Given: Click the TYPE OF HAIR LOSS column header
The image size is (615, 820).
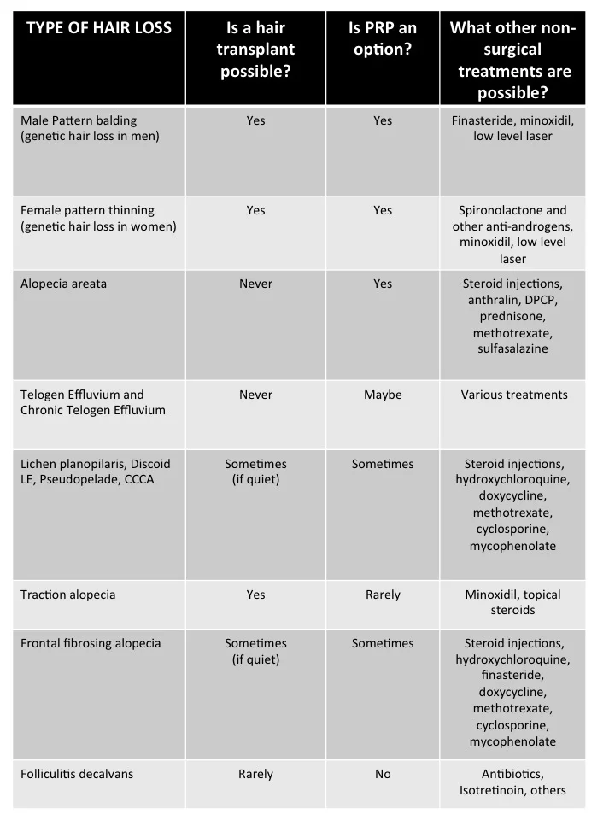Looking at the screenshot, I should click(x=99, y=28).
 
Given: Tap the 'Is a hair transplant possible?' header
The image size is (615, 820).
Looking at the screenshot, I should click(x=255, y=50).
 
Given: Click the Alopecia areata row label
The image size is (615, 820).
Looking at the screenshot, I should click(x=63, y=284).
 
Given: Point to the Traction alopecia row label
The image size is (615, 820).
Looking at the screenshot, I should click(x=67, y=594).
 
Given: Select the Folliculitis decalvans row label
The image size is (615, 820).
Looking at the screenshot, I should click(x=77, y=774).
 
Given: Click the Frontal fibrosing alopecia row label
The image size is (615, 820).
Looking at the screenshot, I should click(x=91, y=643).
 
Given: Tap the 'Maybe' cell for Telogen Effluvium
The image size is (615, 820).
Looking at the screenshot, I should click(x=383, y=395).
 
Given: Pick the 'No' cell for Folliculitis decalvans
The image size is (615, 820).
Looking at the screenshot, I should click(x=383, y=774).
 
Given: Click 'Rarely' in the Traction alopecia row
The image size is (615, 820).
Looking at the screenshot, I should click(x=383, y=594).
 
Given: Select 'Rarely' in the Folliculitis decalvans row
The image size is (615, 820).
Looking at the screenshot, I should click(x=255, y=774).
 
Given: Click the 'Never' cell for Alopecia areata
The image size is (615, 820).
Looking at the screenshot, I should click(x=255, y=284).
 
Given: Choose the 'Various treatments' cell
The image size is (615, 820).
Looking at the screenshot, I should click(x=512, y=395).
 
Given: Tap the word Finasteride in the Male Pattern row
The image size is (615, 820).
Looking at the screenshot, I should click(x=483, y=120).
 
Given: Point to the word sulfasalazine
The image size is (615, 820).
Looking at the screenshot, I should click(x=512, y=348).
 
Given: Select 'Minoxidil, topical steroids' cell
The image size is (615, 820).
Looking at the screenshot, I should click(x=512, y=602).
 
